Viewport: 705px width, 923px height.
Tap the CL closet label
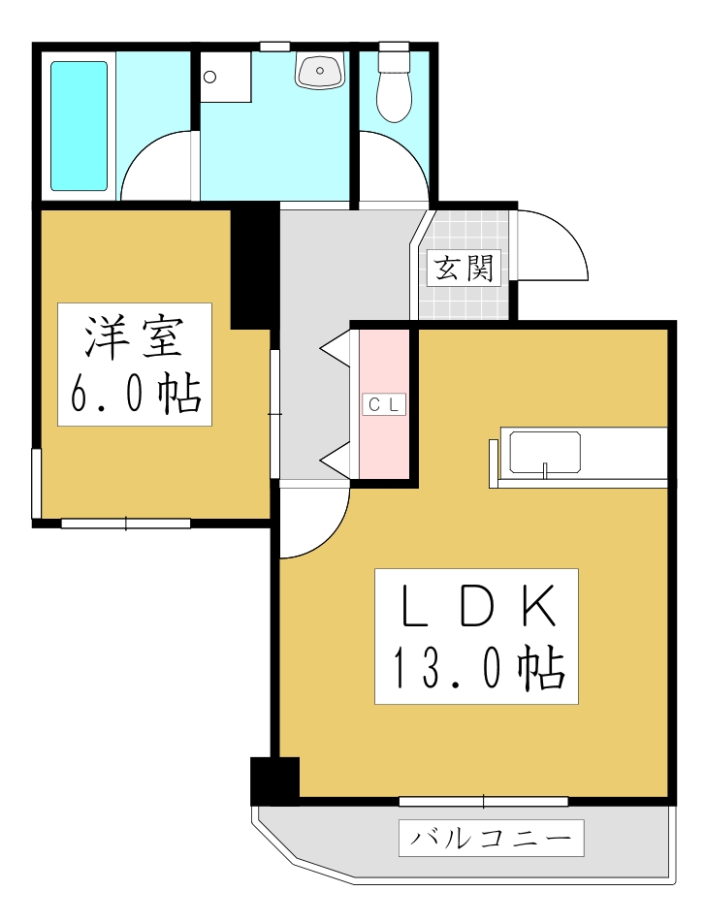click(x=384, y=405)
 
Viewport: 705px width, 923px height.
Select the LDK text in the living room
click(x=477, y=608)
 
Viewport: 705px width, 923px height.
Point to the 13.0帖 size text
click(x=477, y=668)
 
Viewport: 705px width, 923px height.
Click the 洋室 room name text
click(x=134, y=337)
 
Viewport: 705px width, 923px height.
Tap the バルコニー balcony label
click(x=491, y=838)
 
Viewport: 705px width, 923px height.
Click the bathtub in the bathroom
click(x=79, y=126)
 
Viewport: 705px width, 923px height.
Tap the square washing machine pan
click(x=226, y=77)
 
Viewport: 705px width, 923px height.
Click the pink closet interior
click(x=384, y=446)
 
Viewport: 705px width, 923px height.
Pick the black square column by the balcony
click(x=274, y=780)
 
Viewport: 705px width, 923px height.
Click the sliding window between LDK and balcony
click(x=483, y=801)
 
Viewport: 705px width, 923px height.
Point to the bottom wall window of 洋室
click(x=126, y=524)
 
